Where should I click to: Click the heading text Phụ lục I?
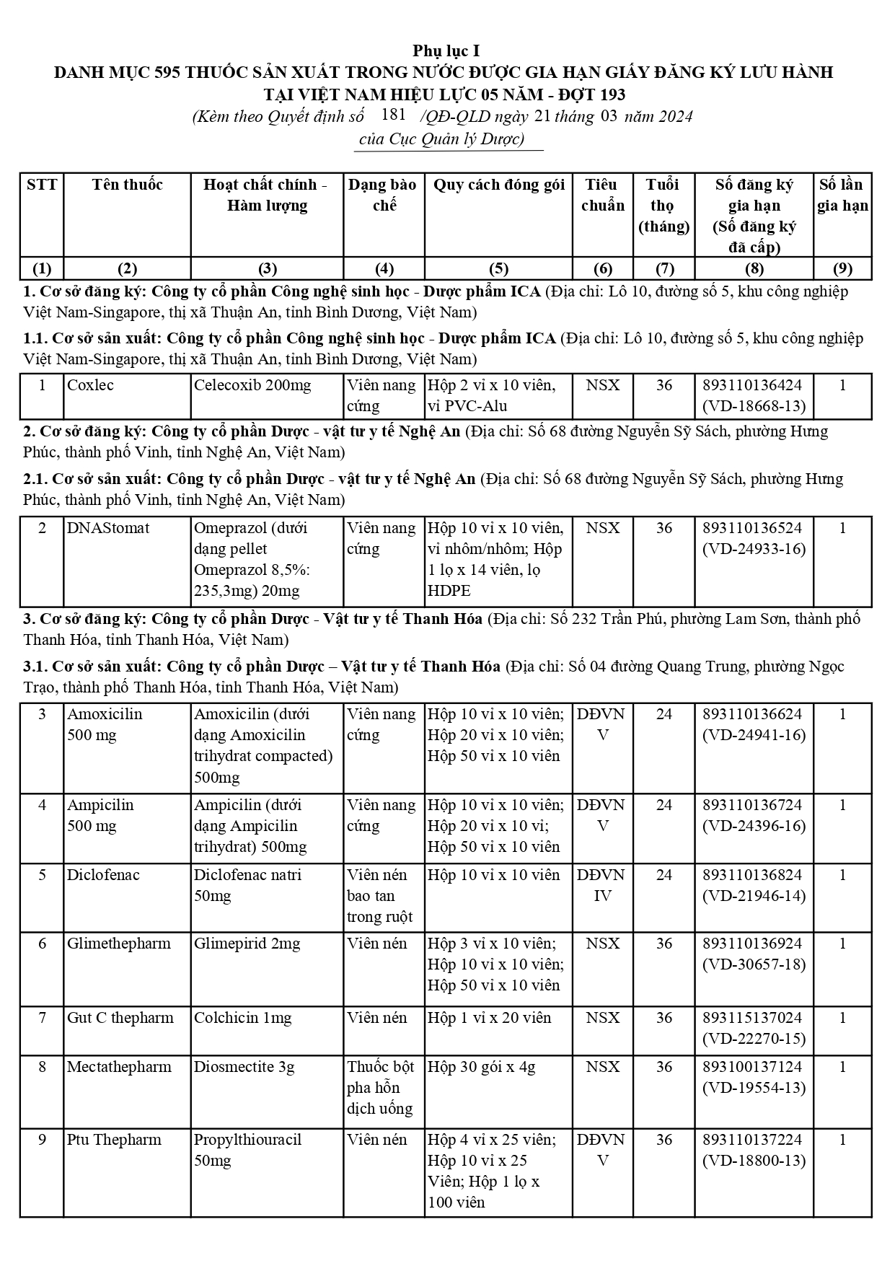click(x=446, y=50)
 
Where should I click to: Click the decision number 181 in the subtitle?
click(x=393, y=115)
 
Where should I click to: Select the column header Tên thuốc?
click(x=127, y=185)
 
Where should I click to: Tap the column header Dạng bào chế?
click(x=383, y=195)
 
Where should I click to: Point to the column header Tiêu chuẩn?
click(x=602, y=195)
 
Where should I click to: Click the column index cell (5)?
click(x=498, y=269)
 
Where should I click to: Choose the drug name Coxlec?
click(x=90, y=385)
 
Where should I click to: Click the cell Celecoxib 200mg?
click(x=252, y=385)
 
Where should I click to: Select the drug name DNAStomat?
click(x=108, y=528)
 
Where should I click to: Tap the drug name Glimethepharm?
click(x=119, y=944)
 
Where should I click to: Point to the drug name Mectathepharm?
click(x=119, y=1067)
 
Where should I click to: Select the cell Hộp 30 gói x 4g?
click(x=482, y=1067)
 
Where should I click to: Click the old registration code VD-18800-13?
click(x=754, y=1161)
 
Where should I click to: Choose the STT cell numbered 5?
click(x=42, y=875)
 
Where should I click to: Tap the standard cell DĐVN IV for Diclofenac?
click(x=602, y=885)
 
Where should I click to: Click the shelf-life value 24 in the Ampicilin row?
click(x=663, y=805)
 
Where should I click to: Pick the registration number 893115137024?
click(x=752, y=1018)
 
